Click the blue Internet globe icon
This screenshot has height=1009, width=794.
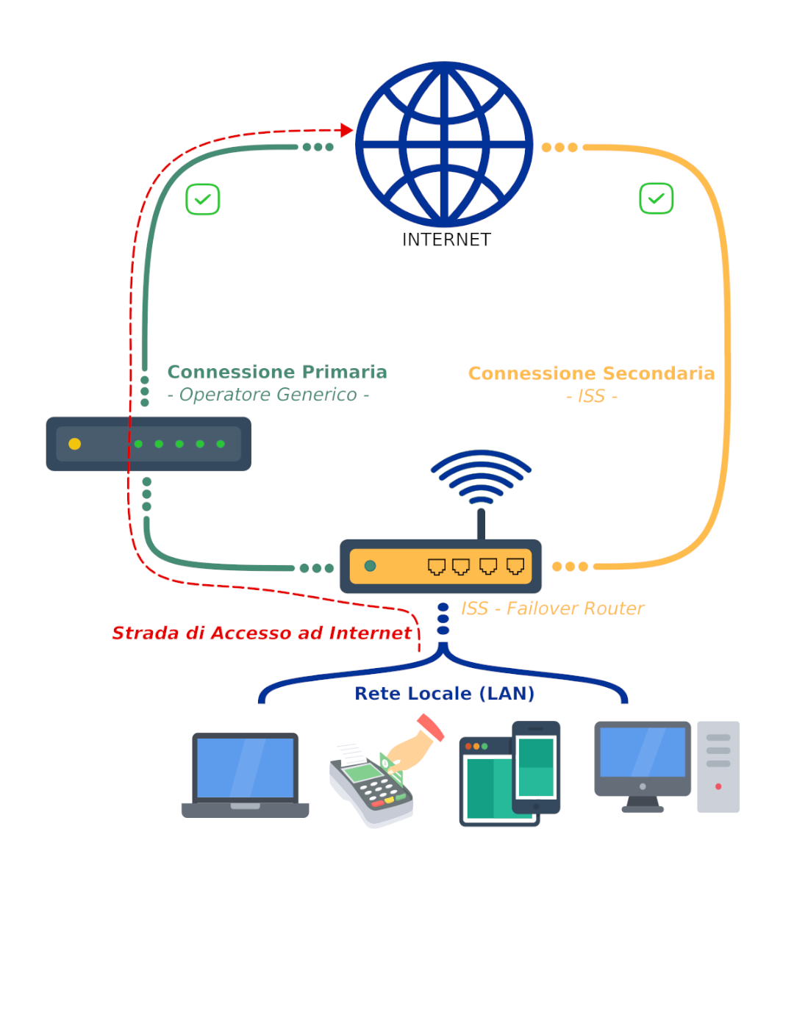(x=444, y=145)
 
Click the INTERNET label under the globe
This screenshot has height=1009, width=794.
(x=446, y=240)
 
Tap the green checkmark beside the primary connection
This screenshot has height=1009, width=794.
(x=203, y=199)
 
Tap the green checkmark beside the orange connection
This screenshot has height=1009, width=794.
(x=657, y=198)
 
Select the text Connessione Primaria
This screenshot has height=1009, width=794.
(x=277, y=372)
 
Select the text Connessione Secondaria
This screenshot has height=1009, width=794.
(x=591, y=373)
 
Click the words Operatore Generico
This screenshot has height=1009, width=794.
(x=268, y=395)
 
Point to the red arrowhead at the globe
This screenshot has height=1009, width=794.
(x=347, y=130)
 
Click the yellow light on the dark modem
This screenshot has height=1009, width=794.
(x=75, y=444)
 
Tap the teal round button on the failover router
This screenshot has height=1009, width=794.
(x=371, y=566)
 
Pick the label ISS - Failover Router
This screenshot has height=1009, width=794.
(x=552, y=608)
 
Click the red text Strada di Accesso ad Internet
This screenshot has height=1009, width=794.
(x=261, y=633)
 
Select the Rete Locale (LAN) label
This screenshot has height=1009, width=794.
(x=444, y=694)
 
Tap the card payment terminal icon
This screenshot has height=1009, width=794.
(x=375, y=783)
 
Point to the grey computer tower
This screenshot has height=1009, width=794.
(x=718, y=766)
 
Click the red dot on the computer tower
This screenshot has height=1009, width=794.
(x=718, y=786)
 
